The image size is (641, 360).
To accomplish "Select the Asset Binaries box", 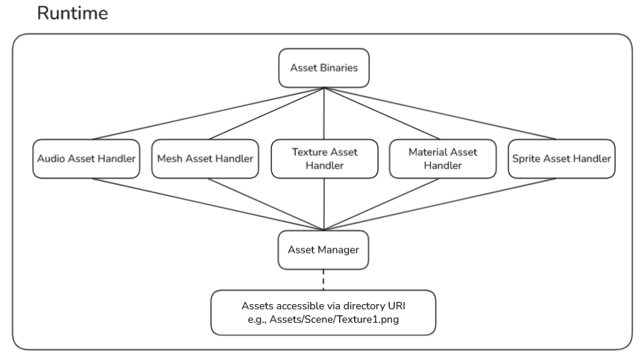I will (323, 68).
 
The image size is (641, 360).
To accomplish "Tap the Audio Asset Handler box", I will (86, 158).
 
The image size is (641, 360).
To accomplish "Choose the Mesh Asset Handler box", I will (205, 158).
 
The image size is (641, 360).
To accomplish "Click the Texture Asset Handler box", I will (323, 158).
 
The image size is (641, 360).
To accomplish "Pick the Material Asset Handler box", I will (442, 158).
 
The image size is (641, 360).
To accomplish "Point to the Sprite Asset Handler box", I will (561, 158).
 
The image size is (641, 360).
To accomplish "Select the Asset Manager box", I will (323, 250).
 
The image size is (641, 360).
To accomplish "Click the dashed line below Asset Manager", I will (323, 280).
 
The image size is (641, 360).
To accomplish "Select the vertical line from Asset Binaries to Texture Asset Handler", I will (323, 112).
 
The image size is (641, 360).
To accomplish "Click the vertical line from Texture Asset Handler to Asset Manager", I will (323, 205).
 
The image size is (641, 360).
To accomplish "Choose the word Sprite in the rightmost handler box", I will (528, 158).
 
